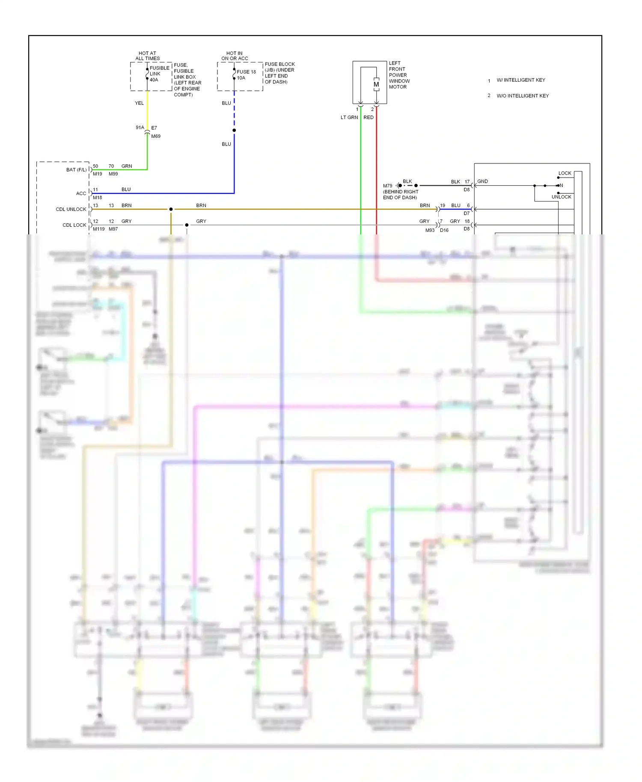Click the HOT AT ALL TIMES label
point(148,56)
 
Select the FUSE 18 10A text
point(246,75)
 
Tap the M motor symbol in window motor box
point(376,84)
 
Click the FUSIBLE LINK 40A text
point(159,74)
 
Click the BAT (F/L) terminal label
point(76,170)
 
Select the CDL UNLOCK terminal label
point(71,209)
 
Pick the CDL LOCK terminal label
point(74,225)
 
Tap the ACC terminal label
point(81,193)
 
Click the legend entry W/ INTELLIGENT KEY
point(520,80)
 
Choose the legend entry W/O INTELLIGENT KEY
point(522,96)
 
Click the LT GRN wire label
point(349,117)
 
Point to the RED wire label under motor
point(369,117)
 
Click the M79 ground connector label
point(387,186)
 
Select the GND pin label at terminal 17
point(482,181)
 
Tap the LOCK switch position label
point(565,173)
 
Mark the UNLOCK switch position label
point(561,197)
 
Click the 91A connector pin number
point(140,127)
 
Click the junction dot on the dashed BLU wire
point(234,130)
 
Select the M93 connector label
point(430,230)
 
